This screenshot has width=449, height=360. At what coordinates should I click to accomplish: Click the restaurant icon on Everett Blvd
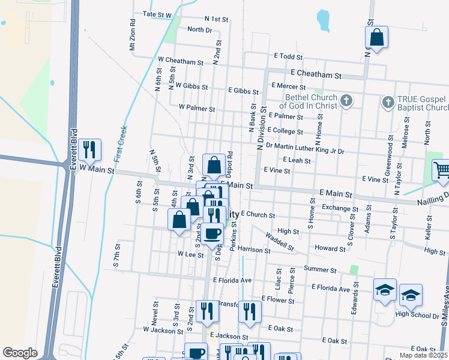(x=89, y=150)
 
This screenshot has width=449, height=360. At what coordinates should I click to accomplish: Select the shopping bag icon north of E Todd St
(x=376, y=38)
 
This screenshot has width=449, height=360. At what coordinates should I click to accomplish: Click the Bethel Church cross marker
(x=346, y=101)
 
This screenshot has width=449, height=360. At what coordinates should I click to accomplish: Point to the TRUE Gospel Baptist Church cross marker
(x=388, y=103)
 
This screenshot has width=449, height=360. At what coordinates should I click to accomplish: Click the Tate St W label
(x=157, y=14)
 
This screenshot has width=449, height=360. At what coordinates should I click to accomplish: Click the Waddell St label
(x=279, y=241)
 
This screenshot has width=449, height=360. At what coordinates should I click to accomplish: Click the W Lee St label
(x=191, y=254)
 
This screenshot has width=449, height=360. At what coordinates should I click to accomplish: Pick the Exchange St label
(x=340, y=208)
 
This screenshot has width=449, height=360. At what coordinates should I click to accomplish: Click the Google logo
(x=20, y=353)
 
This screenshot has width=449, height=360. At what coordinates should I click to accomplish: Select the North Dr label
(x=200, y=29)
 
